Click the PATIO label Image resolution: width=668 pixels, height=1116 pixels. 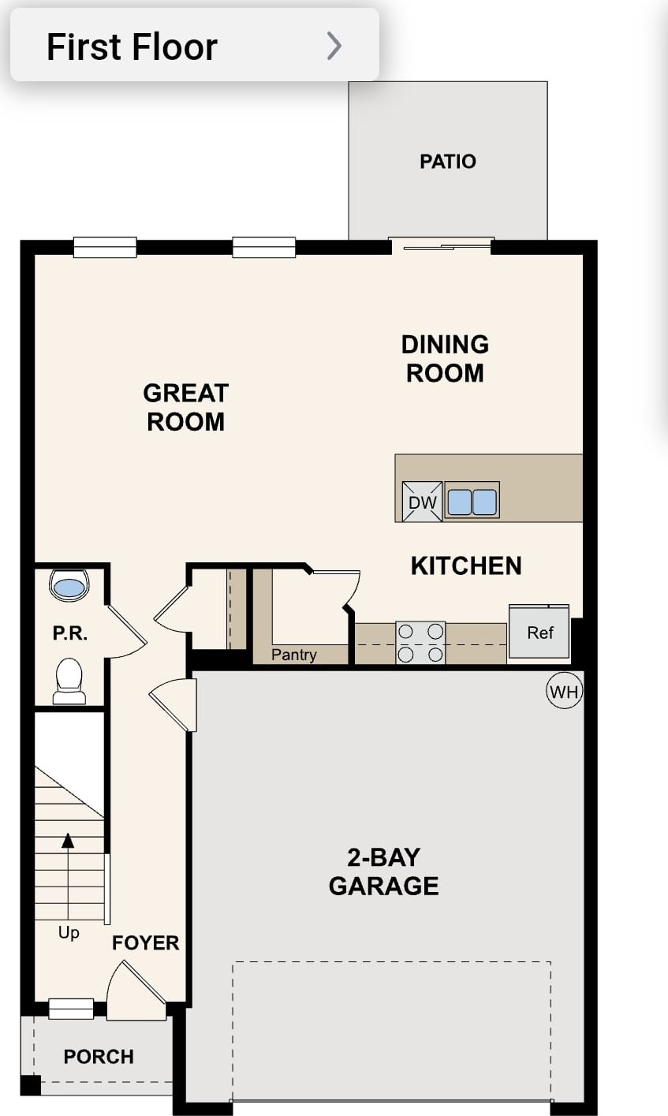click(448, 162)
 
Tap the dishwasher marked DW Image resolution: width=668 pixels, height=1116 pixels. click(422, 501)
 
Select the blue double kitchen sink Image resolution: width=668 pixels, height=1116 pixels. click(472, 501)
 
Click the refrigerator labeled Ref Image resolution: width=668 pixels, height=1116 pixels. click(539, 632)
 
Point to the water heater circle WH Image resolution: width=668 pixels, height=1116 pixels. click(565, 691)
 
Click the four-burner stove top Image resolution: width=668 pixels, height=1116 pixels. click(420, 642)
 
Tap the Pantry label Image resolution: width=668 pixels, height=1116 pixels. click(294, 654)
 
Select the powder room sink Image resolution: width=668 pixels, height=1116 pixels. click(69, 585)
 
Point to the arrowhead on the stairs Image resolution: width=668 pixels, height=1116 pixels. click(68, 841)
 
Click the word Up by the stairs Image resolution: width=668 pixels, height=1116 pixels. click(69, 932)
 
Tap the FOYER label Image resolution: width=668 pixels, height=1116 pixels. click(145, 942)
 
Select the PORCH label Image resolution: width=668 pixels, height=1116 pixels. click(99, 1056)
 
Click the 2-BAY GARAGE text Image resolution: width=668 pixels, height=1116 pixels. click(383, 872)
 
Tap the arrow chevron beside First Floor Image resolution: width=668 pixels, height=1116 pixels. click(334, 46)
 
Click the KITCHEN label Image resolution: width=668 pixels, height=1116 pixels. click(466, 566)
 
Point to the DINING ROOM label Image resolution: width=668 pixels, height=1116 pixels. click(445, 359)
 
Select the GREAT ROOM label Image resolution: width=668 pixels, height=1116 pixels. click(186, 407)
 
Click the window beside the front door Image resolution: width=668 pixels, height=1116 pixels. click(71, 1009)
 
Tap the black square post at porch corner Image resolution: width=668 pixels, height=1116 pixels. click(31, 1085)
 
